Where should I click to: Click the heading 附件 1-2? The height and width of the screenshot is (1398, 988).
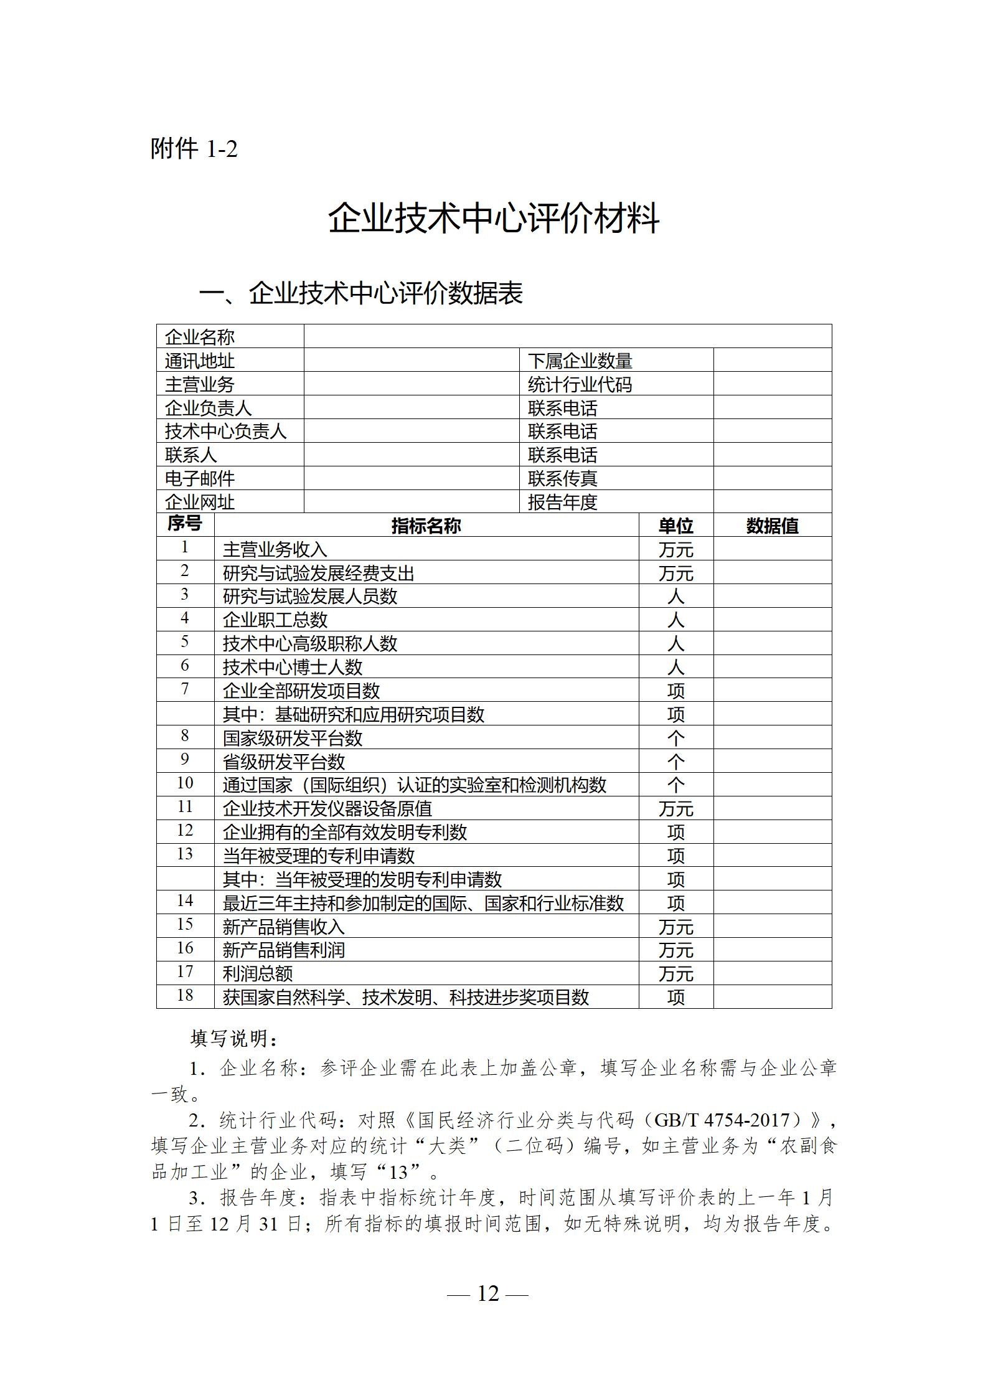tap(194, 149)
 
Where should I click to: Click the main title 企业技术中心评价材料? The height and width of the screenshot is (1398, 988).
tap(494, 219)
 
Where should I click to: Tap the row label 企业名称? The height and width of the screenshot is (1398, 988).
tap(199, 337)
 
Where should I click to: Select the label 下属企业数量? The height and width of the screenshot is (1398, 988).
tap(580, 361)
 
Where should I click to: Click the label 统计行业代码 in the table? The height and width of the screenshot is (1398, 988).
tap(580, 384)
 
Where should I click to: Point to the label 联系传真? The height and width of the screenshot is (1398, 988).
tap(562, 478)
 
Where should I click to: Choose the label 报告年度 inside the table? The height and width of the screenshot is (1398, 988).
tap(562, 502)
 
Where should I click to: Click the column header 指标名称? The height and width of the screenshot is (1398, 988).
tap(426, 526)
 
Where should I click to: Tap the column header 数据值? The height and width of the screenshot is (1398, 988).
tap(772, 526)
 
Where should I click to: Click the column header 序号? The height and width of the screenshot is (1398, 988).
tap(185, 524)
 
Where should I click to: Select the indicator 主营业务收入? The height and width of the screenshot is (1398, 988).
tap(275, 549)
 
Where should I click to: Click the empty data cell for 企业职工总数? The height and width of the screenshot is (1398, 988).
tap(772, 620)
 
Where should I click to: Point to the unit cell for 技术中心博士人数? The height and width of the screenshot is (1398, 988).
tap(675, 667)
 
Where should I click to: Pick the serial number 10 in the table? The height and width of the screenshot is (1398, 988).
tap(185, 783)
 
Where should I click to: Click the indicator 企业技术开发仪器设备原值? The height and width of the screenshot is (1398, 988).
tap(327, 808)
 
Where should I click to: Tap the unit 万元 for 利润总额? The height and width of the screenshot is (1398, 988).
tap(675, 973)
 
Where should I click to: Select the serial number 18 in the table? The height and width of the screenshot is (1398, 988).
tap(185, 995)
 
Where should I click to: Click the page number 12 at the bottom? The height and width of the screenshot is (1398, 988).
tap(488, 1294)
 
